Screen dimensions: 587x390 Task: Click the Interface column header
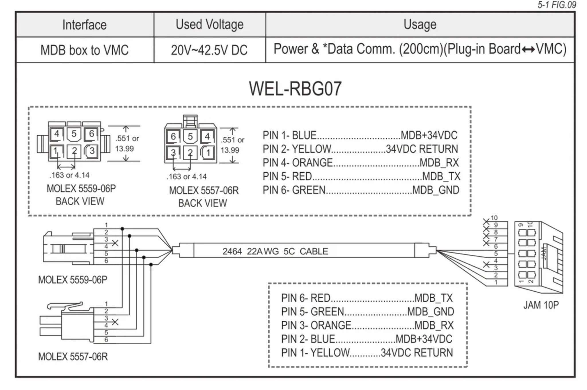[x=85, y=25]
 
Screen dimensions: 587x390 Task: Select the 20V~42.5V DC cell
[x=209, y=50]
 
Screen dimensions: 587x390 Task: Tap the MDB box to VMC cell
[x=85, y=50]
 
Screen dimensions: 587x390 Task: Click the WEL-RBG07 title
[x=295, y=89]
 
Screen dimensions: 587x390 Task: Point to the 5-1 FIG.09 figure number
[x=556, y=5]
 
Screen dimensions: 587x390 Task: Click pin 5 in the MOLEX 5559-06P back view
[x=74, y=134]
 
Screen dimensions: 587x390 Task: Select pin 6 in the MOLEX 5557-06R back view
[x=173, y=136]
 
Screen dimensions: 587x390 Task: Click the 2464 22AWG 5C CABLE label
[x=275, y=251]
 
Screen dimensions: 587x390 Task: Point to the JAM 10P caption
[x=541, y=305]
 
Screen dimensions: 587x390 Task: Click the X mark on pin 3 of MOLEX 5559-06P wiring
[x=115, y=243]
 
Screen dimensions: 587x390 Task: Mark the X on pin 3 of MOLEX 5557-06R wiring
[x=115, y=322]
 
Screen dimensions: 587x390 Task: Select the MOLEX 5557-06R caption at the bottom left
[x=73, y=357]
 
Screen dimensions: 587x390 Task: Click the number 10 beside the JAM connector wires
[x=494, y=218]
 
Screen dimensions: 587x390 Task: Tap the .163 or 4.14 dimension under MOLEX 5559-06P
[x=69, y=175]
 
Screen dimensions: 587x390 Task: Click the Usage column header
[x=420, y=25]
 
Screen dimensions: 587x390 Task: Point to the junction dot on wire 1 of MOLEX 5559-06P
[x=122, y=229]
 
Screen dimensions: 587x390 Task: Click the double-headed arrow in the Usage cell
[x=528, y=50]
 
